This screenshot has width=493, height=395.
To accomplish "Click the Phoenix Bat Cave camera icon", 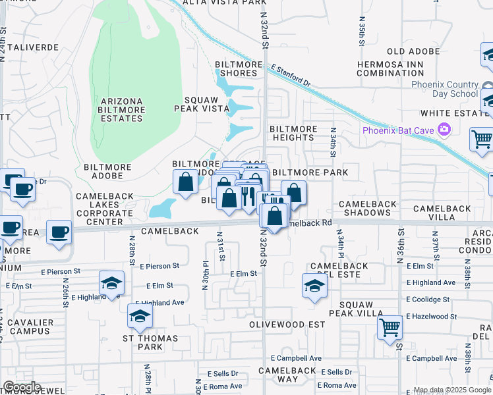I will pyautogui.click(x=445, y=130).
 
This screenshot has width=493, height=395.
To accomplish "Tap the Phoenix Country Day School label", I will pyautogui.click(x=445, y=89).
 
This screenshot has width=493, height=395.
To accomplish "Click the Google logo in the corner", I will pyautogui.click(x=22, y=387).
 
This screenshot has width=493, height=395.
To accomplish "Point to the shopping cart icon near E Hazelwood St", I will pyautogui.click(x=390, y=326).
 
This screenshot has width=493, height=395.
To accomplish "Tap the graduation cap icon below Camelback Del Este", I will pyautogui.click(x=314, y=286).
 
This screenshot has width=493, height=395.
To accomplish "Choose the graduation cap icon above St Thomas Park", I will pyautogui.click(x=139, y=317).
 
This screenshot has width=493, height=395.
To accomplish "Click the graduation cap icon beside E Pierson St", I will pyautogui.click(x=111, y=282).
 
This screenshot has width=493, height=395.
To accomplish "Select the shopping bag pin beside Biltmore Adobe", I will pyautogui.click(x=186, y=181).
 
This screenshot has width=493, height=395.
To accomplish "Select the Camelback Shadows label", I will pyautogui.click(x=374, y=208).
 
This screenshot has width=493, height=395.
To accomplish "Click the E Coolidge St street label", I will pyautogui.click(x=428, y=299).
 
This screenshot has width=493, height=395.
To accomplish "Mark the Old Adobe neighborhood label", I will pyautogui.click(x=413, y=51).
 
